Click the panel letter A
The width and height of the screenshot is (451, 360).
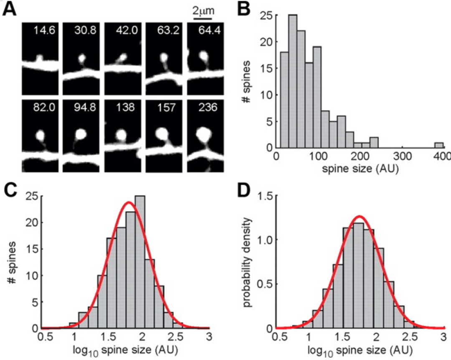[x=10, y=9]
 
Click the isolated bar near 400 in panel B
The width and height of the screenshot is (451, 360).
[x=438, y=145]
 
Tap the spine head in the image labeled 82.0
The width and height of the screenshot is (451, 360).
[x=41, y=135]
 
